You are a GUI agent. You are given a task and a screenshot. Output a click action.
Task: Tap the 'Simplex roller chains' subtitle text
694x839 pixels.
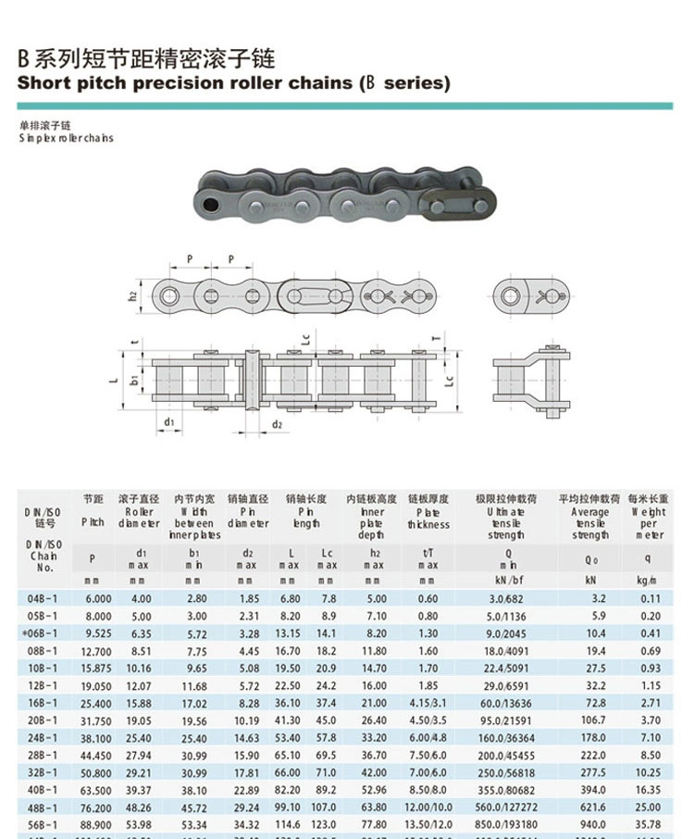tap(66, 138)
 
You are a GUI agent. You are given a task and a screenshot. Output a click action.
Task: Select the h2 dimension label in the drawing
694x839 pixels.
tap(132, 296)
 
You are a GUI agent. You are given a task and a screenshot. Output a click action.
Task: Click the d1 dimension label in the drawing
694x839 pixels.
tap(168, 422)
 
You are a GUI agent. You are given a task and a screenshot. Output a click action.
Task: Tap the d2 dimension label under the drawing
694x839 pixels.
tap(277, 424)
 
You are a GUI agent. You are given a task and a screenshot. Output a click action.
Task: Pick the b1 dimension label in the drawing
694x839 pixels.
tap(135, 380)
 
